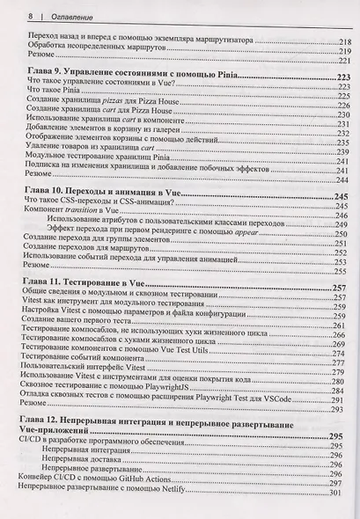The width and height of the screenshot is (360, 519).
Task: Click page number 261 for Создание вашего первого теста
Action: (x=338, y=325)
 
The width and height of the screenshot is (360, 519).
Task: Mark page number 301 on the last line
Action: (x=339, y=493)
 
